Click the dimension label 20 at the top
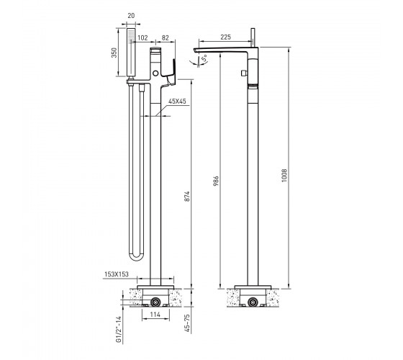pyautogui.click(x=131, y=16)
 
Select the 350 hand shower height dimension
pyautogui.click(x=114, y=53)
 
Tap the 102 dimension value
pyautogui.click(x=142, y=38)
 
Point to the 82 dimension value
pyautogui.click(x=166, y=37)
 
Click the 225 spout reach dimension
pyautogui.click(x=226, y=37)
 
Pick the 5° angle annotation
pyautogui.click(x=204, y=58)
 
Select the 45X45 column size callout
pyautogui.click(x=177, y=102)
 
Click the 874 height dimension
pyautogui.click(x=188, y=196)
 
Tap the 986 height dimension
pyautogui.click(x=217, y=181)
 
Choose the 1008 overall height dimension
pyautogui.click(x=284, y=176)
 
